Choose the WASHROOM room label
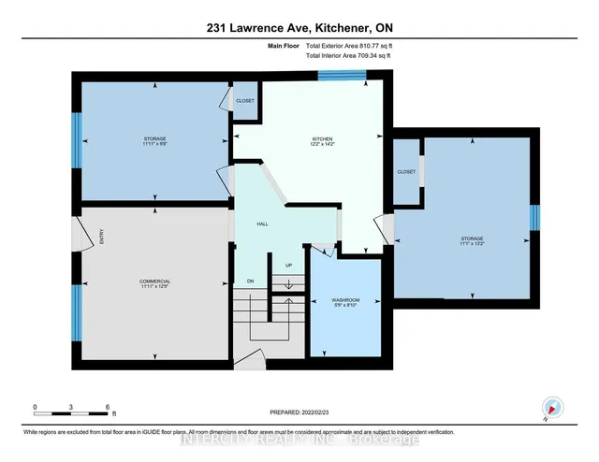point(345,301)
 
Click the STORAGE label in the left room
point(154,140)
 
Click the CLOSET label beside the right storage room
point(406,172)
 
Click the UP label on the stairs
point(288,265)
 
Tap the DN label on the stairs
point(251,281)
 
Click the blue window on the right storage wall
point(535,217)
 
